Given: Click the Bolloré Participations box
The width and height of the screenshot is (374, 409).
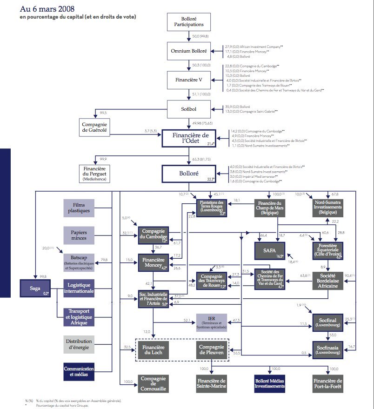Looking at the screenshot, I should (x=192, y=22).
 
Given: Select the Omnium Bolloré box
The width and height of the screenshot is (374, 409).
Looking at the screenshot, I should (x=192, y=51).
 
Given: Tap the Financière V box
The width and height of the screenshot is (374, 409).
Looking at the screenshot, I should (x=192, y=80).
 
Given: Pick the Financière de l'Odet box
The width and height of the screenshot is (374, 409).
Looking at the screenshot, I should (x=192, y=139).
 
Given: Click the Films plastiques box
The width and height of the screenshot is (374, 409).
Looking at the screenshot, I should (x=79, y=208).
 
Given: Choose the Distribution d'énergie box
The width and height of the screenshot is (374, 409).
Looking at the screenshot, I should (x=79, y=344).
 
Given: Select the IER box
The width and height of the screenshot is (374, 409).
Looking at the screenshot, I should (x=212, y=322).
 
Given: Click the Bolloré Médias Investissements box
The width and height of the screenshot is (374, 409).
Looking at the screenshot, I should (x=270, y=383).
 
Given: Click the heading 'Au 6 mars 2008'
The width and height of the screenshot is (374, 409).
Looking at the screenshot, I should (x=47, y=9).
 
